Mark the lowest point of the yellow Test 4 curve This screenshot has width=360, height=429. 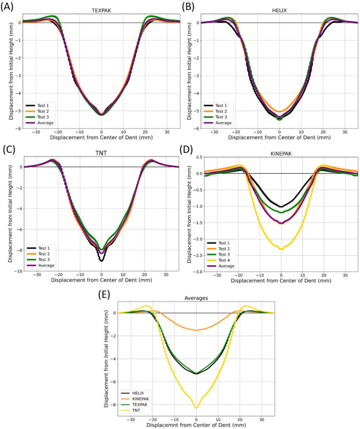coord(282,249)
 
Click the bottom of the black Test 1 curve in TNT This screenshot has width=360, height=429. coord(101,260)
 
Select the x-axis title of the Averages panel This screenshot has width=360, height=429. coord(196,424)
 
